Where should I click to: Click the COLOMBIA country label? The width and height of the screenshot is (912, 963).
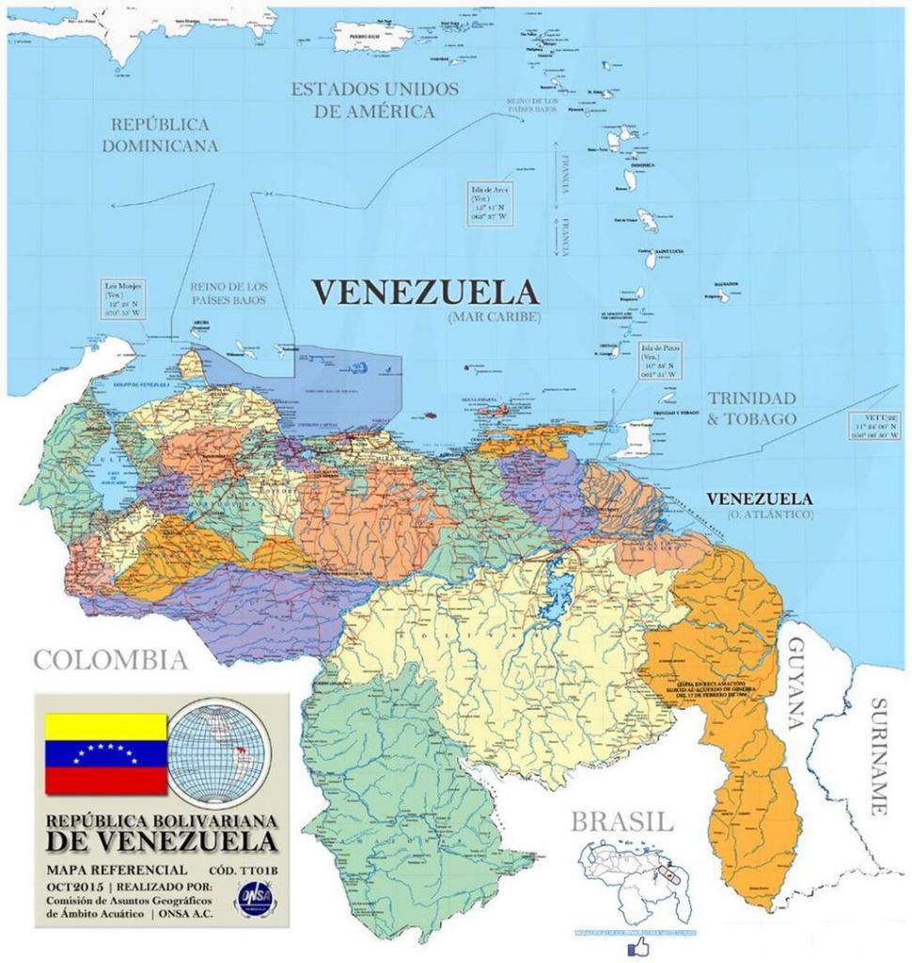coord(110,659)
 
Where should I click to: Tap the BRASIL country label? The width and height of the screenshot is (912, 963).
coord(621,821)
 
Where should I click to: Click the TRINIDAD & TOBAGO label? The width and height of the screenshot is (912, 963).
coord(752,408)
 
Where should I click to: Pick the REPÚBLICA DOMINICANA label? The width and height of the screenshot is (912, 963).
coord(160,134)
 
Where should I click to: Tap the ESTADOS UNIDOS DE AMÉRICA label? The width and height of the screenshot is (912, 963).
coord(374,100)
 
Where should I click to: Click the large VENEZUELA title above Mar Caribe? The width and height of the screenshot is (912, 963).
coord(425,292)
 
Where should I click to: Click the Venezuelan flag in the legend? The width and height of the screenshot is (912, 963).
coord(105,753)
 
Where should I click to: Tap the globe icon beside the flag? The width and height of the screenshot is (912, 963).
coord(218,752)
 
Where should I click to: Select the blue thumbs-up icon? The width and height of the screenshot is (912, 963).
coord(639,946)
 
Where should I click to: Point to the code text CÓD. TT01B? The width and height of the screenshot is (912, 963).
coord(246,869)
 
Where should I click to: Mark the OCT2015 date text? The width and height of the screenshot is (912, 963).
coord(71,887)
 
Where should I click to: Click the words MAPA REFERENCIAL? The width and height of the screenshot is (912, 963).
coord(117,869)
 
